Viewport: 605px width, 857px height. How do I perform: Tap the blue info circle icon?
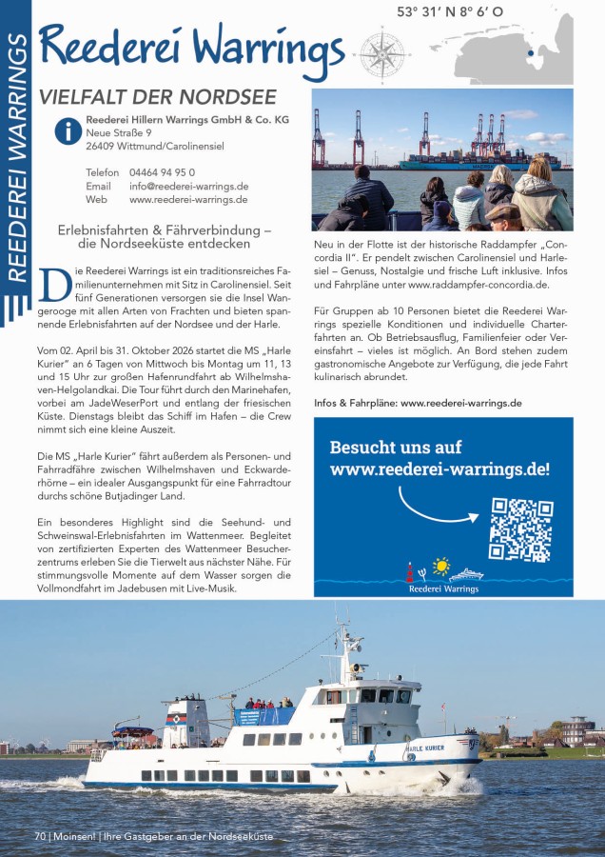[68, 131]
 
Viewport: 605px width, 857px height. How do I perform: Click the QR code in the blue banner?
[520, 529]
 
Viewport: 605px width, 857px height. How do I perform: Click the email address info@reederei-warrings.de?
[188, 187]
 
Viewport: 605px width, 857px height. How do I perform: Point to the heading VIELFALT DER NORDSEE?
[157, 97]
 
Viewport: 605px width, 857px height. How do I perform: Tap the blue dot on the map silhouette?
[530, 53]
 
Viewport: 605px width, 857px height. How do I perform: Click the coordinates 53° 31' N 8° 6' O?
[450, 12]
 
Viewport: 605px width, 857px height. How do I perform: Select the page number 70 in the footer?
[40, 836]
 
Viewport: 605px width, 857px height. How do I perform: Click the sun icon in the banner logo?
[439, 568]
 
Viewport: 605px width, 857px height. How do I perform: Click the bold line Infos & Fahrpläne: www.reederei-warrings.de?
[418, 403]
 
